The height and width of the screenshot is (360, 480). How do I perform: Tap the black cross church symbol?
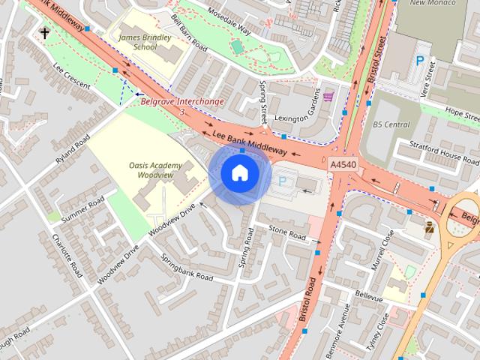(45, 32)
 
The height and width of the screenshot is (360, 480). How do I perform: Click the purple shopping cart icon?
(328, 95)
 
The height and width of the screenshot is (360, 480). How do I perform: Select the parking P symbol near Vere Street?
(420, 61)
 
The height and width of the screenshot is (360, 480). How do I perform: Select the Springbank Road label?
(187, 266)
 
